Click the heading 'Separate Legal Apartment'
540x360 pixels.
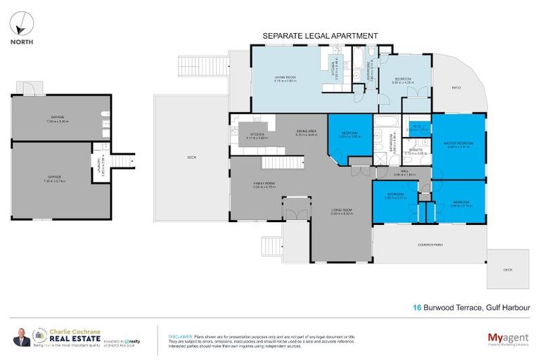click(x=320, y=35)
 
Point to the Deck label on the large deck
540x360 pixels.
click(x=191, y=157)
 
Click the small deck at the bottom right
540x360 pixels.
click(x=508, y=269)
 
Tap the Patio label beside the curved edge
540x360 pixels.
click(x=454, y=88)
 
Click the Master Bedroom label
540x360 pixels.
click(x=458, y=145)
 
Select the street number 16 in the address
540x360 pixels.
click(x=417, y=307)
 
